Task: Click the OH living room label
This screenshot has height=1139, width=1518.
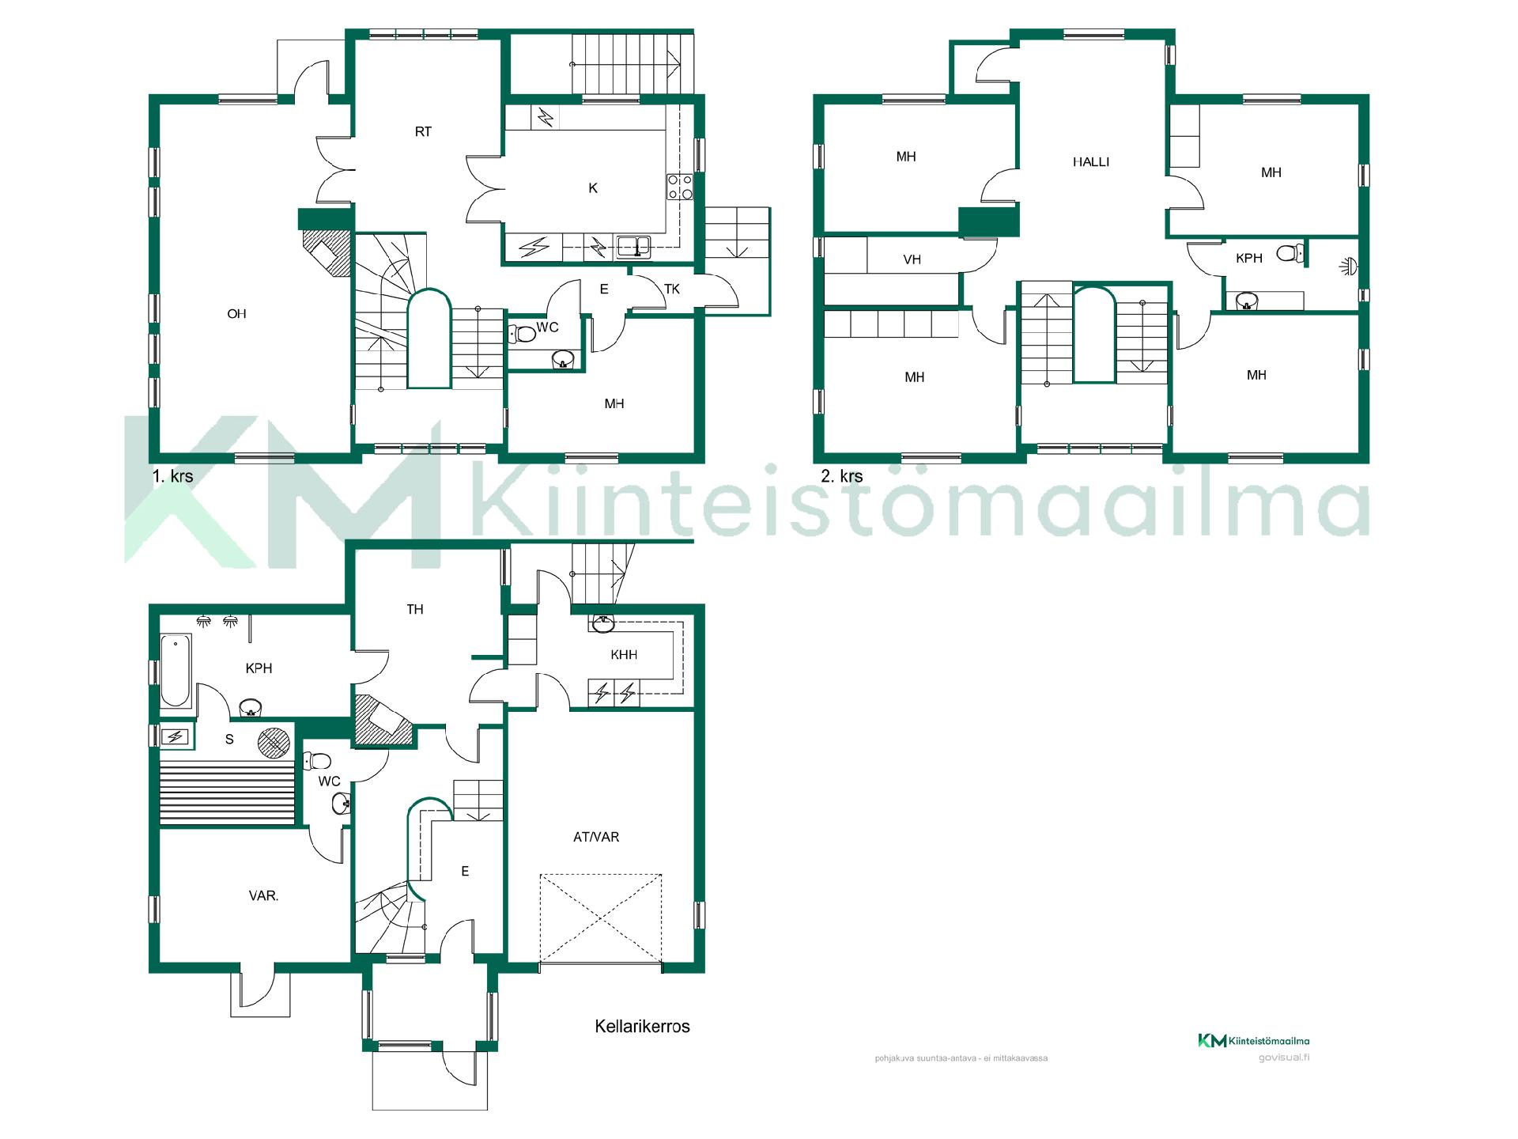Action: pos(236,314)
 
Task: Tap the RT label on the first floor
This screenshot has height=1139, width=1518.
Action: pos(423,132)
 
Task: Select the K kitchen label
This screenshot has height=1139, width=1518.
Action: pos(593,188)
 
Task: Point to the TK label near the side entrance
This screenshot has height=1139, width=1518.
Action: pos(672,289)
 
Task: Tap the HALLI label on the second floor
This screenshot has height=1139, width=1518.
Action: pos(1091,162)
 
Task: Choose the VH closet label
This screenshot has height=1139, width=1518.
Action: pos(912,259)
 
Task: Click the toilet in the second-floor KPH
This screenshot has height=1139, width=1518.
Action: pos(1290,253)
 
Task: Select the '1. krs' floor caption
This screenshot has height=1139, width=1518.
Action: pos(172,476)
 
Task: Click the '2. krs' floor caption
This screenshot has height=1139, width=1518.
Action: pos(842,476)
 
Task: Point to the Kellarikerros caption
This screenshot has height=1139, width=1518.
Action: pos(642,1027)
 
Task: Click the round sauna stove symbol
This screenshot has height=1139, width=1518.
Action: pos(274,742)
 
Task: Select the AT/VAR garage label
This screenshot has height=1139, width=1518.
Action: pos(596,837)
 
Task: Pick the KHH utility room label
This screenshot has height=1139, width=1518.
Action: pos(624,655)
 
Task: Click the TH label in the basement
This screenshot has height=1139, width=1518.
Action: pos(415,609)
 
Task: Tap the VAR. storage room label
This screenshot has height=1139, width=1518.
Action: pos(263,897)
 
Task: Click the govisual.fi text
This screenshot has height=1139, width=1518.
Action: pos(1284,1058)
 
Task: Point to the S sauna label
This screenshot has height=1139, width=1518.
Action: pos(229,740)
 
